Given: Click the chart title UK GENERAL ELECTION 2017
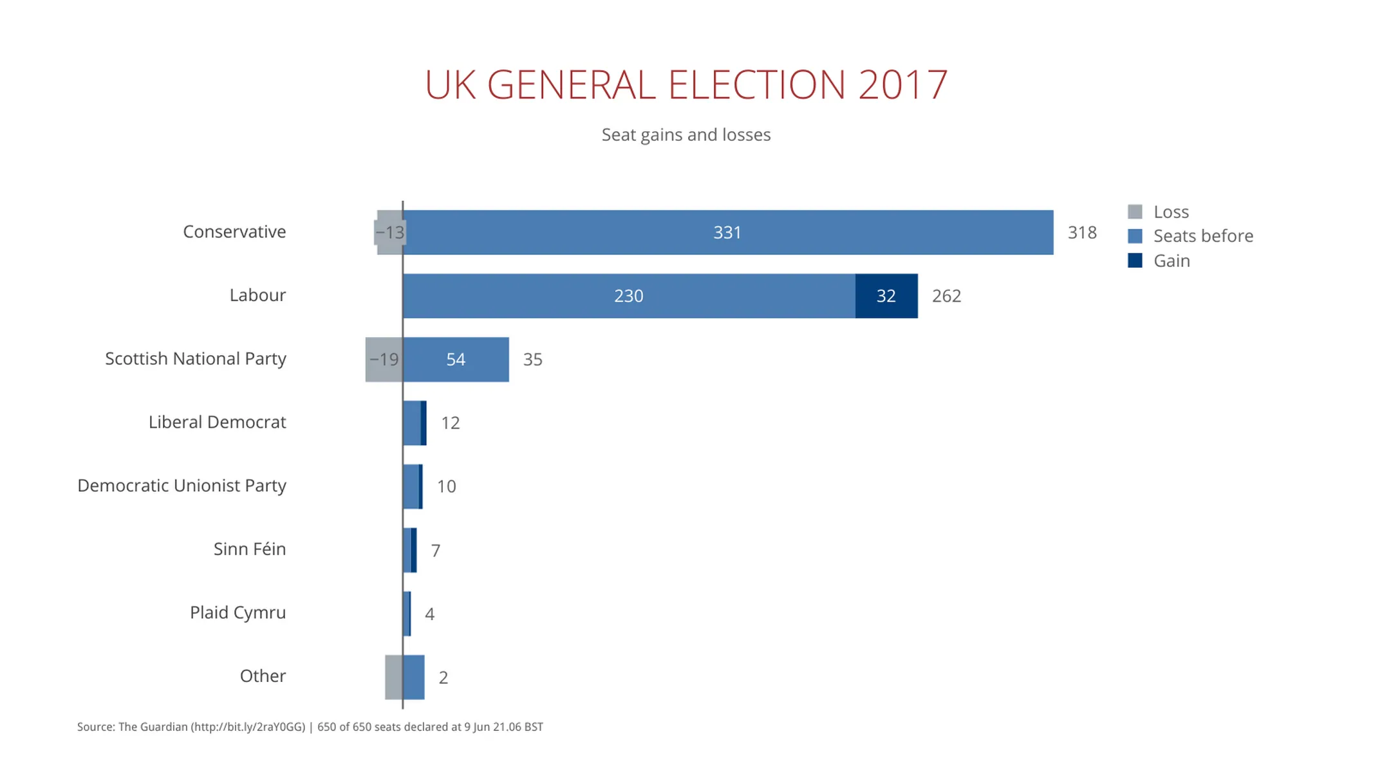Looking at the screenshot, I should click(686, 85).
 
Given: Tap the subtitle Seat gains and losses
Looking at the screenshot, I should click(686, 135).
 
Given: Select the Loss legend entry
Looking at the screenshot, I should click(1159, 212).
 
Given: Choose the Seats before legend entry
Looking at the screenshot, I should click(1191, 236).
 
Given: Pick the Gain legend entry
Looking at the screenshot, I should click(1159, 261).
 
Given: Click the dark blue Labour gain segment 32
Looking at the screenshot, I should click(886, 296).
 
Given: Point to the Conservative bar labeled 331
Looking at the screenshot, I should click(727, 232).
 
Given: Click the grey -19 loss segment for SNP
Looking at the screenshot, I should click(384, 360).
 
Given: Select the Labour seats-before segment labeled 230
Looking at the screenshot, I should click(628, 296).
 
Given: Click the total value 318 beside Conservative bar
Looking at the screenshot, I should click(1081, 232).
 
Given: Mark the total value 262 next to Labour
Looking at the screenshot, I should click(946, 296).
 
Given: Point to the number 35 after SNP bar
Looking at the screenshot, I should click(532, 360).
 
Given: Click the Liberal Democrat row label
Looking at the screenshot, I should click(217, 422).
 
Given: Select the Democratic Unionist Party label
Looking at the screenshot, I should click(182, 486).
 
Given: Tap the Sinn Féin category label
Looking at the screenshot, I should click(249, 549).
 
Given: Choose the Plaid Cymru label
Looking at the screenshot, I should click(238, 612).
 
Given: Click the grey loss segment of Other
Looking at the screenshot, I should click(393, 677).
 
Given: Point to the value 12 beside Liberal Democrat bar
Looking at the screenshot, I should click(450, 423).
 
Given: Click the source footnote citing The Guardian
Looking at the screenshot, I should click(310, 727).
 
